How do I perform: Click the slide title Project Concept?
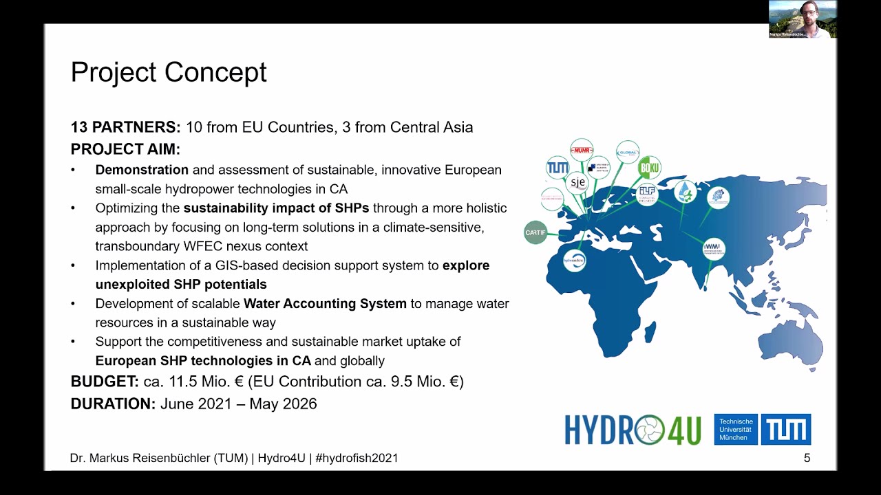(169, 72)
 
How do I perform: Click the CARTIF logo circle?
(535, 232)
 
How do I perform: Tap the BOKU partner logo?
(649, 168)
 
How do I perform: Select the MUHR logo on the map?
(582, 150)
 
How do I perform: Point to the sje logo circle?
(577, 182)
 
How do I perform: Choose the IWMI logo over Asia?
(714, 248)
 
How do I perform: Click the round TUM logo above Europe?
(558, 168)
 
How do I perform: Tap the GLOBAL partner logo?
(628, 152)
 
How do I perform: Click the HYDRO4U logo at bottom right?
(633, 430)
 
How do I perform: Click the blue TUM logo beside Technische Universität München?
(785, 430)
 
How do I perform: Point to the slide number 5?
(807, 459)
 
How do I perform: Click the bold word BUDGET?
(105, 382)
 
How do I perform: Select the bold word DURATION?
(114, 404)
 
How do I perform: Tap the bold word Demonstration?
(142, 170)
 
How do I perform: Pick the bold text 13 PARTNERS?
(126, 127)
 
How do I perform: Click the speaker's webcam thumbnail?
(803, 19)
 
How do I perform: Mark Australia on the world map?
(792, 341)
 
